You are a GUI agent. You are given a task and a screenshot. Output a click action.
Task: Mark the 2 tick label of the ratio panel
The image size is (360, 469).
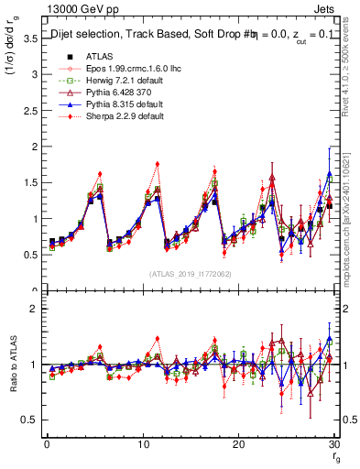point(33,309)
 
